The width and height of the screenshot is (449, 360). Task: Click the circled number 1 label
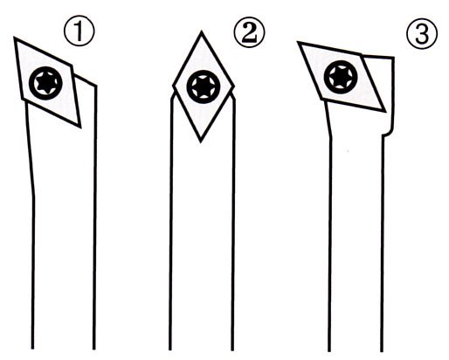click(x=79, y=31)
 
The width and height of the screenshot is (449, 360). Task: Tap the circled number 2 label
click(x=249, y=31)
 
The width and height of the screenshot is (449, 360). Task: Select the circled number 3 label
click(x=422, y=34)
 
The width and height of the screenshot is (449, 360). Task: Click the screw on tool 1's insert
click(x=45, y=83)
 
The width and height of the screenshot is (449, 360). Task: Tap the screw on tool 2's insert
click(x=204, y=87)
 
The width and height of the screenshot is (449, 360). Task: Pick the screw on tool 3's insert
click(x=341, y=77)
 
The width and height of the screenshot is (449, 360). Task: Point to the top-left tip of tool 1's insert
click(x=14, y=38)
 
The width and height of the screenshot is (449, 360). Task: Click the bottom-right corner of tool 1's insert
click(x=80, y=127)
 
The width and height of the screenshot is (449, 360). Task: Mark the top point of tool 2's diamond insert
click(x=201, y=32)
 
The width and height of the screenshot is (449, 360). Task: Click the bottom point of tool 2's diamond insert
click(x=200, y=142)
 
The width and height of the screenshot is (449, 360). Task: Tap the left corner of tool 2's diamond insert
click(x=173, y=87)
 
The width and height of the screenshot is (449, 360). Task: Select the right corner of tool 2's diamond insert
click(x=234, y=87)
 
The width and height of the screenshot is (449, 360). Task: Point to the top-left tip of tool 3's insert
click(x=298, y=42)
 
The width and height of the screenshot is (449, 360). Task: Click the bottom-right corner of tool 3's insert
click(x=385, y=111)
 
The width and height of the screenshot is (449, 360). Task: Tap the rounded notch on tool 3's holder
click(x=388, y=133)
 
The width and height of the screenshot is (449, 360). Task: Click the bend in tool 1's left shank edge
click(x=34, y=196)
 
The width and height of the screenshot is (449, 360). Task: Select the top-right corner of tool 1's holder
click(x=96, y=86)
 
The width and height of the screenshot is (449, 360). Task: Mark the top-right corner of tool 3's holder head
click(x=394, y=58)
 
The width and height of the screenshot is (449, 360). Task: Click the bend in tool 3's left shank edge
click(x=330, y=137)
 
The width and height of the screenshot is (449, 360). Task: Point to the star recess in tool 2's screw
click(x=204, y=87)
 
